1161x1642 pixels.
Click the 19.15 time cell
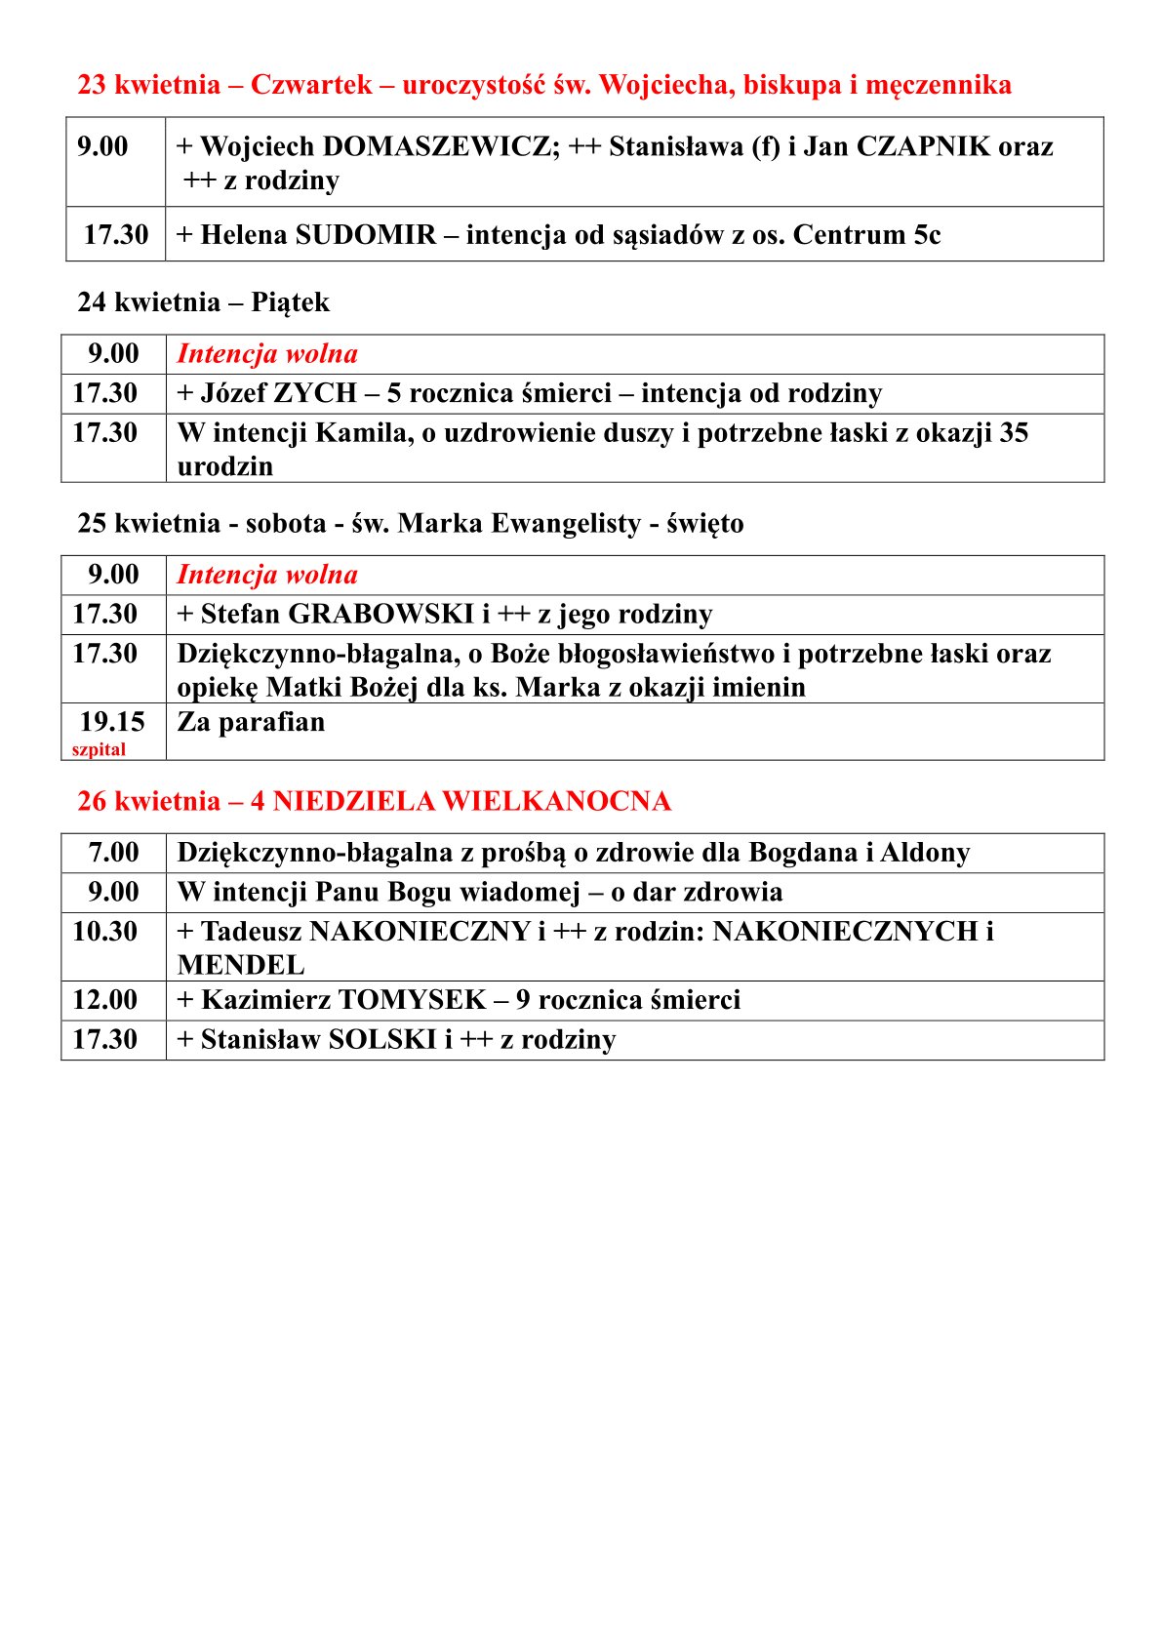tap(112, 722)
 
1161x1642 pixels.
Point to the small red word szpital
tap(99, 749)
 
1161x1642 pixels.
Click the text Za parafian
tap(251, 722)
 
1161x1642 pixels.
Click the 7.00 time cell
tap(113, 853)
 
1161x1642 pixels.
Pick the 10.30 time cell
tap(104, 931)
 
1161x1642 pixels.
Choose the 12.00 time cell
tap(104, 999)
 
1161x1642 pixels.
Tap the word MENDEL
tap(241, 965)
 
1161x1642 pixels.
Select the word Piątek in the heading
tap(290, 302)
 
